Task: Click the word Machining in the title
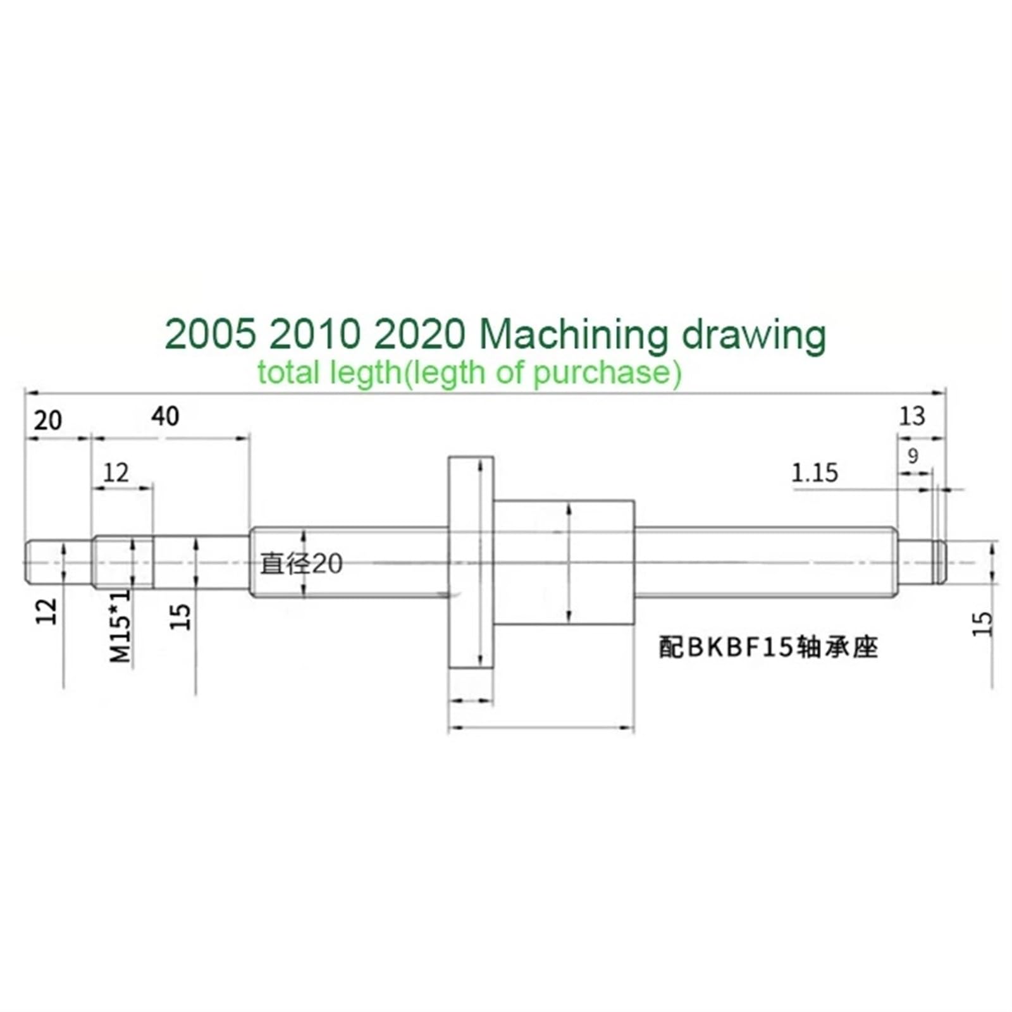pos(572,336)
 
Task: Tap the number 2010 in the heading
pos(314,335)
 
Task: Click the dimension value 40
pos(165,416)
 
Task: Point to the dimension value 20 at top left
pos(48,421)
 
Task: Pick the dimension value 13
pos(911,416)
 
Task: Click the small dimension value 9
pos(912,455)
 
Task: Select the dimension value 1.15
pos(815,473)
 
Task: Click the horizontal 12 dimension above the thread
pos(116,472)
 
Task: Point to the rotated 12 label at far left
pos(46,611)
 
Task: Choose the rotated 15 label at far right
pos(982,624)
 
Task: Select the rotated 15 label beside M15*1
pos(181,616)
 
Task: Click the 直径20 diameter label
pos(301,564)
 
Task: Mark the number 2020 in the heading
pos(419,335)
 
